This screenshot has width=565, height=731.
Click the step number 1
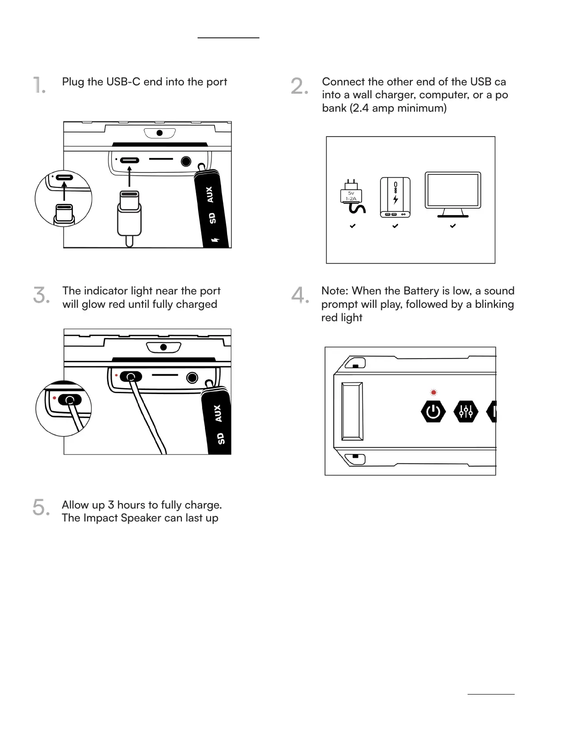[39, 85]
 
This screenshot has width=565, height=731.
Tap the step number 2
[299, 86]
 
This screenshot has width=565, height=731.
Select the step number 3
[41, 295]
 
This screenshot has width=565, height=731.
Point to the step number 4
[300, 295]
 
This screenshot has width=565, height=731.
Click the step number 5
[41, 508]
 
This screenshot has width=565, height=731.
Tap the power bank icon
[395, 197]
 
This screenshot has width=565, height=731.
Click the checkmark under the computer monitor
[453, 226]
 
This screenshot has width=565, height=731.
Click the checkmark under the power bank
[395, 226]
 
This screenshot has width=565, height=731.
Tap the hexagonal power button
[433, 411]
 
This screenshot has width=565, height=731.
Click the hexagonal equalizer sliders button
[466, 411]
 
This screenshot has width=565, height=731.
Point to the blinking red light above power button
[433, 393]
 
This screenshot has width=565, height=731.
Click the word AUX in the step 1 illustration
[210, 194]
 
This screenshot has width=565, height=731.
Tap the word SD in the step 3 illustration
[221, 438]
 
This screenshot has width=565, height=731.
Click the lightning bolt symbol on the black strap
[215, 240]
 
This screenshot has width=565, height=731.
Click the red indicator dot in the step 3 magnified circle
[54, 398]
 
